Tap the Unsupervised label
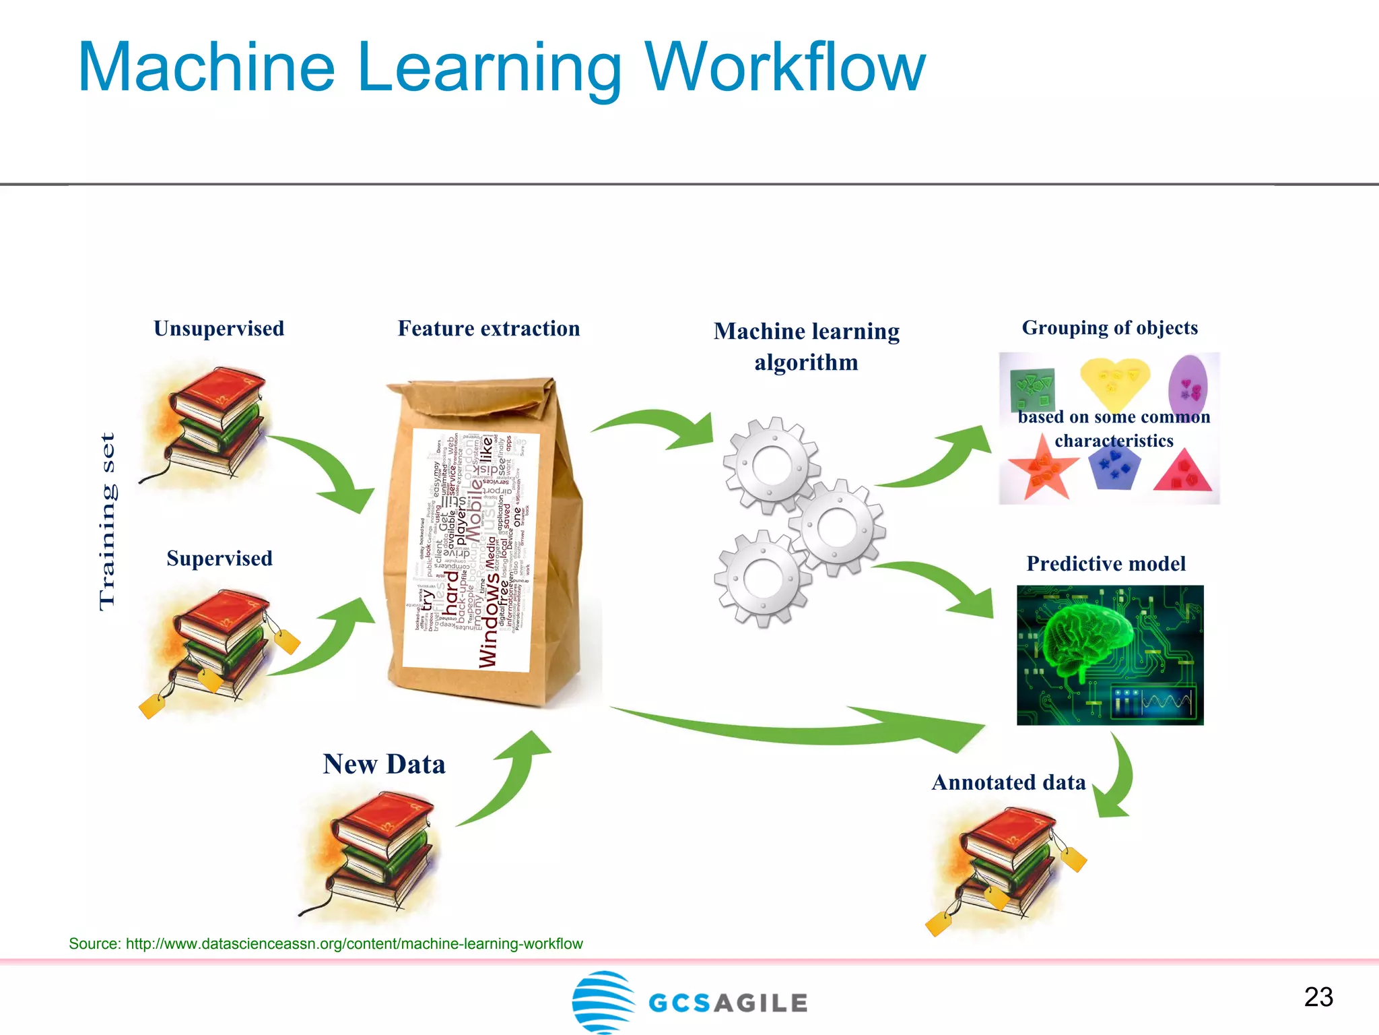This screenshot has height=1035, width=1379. [x=219, y=328]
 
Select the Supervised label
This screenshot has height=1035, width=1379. [x=220, y=558]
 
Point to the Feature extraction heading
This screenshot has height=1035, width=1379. [x=488, y=328]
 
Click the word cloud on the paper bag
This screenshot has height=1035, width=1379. [x=471, y=549]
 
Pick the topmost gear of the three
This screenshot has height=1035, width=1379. [x=772, y=465]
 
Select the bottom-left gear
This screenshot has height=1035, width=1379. [x=762, y=578]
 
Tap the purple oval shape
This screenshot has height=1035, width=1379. [x=1188, y=385]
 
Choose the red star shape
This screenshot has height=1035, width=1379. [x=1042, y=474]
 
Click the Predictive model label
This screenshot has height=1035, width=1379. [x=1106, y=563]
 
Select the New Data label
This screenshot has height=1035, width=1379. [x=384, y=764]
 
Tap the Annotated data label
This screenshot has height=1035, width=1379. [x=1009, y=782]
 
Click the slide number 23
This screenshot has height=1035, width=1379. [x=1318, y=997]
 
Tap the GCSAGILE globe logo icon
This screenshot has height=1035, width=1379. [x=603, y=1001]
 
